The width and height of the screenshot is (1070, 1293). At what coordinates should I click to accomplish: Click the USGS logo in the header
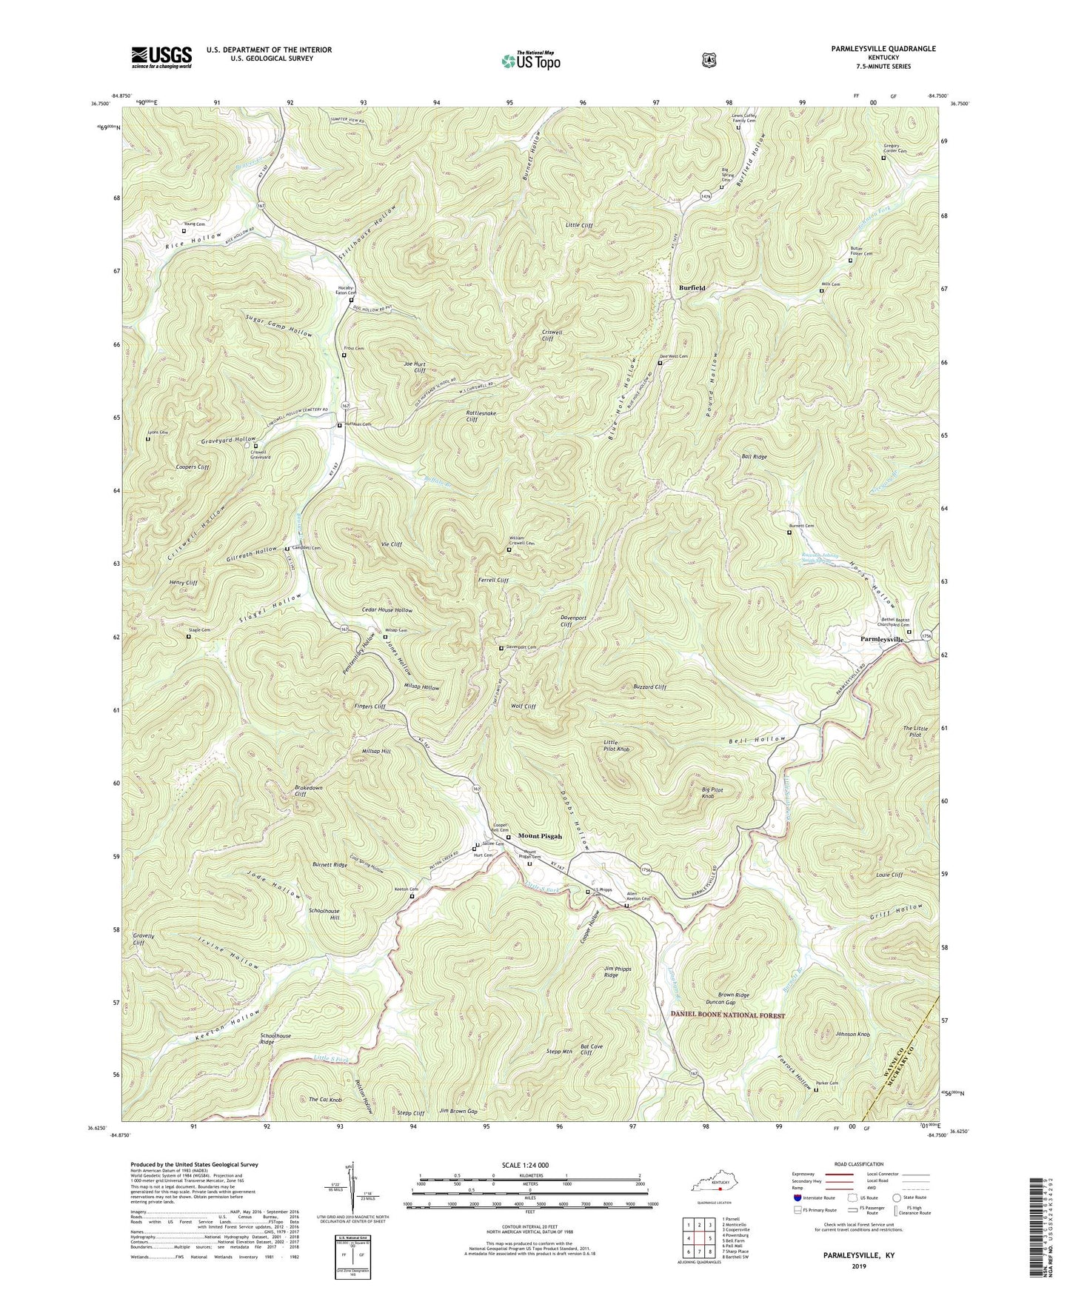161,57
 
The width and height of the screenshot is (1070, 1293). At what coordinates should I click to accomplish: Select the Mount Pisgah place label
540,836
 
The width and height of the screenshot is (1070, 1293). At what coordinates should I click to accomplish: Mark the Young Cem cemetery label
195,224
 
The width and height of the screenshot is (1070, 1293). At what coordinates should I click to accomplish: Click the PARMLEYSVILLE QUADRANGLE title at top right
872,49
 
